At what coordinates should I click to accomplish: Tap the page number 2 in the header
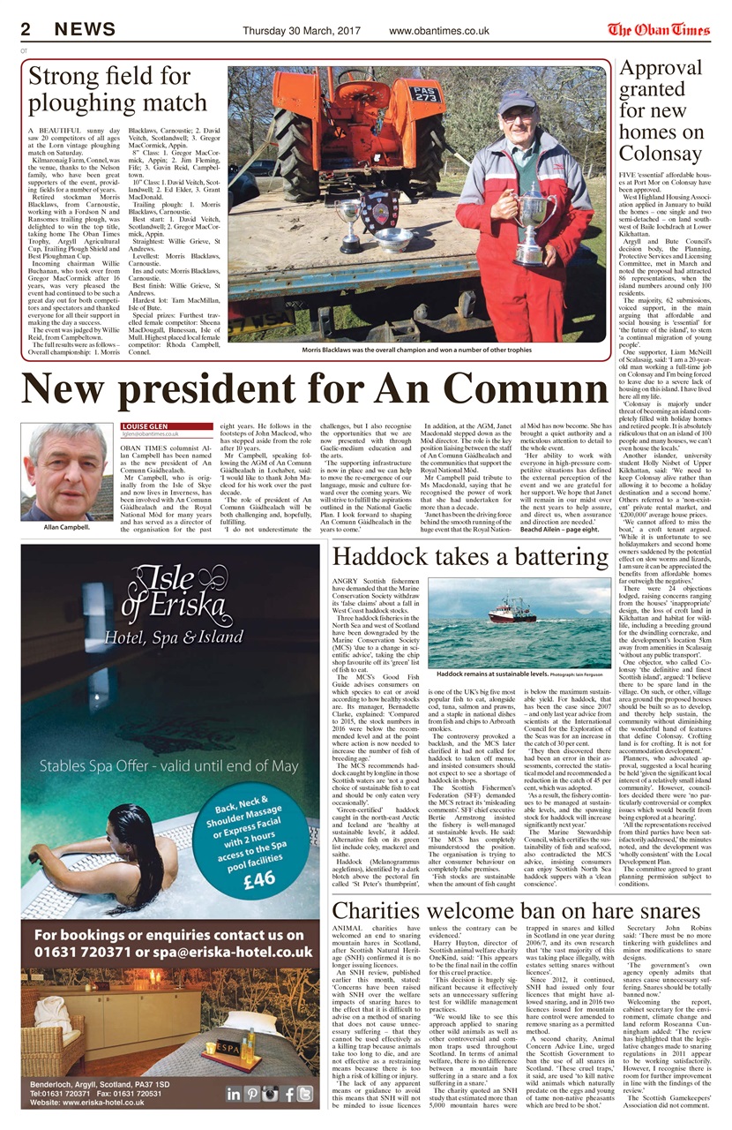26,30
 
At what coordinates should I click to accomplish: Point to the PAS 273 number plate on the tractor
426,92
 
